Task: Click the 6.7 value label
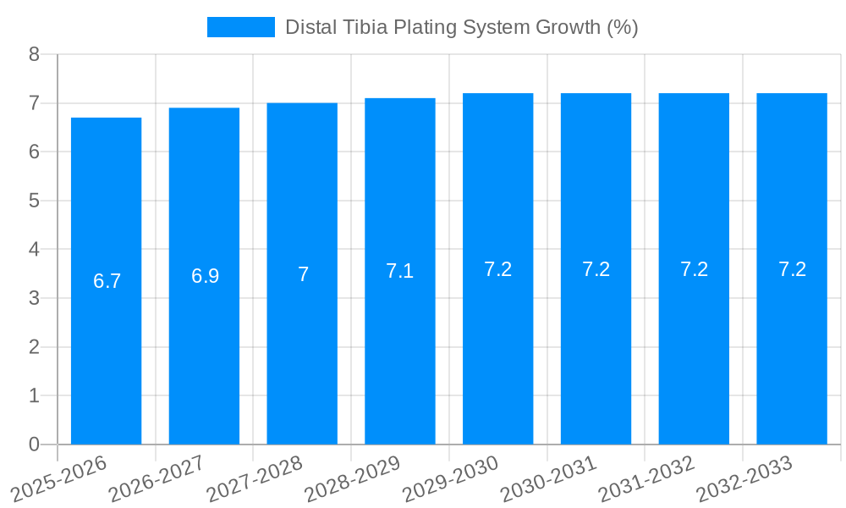107,281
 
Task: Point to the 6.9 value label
205,276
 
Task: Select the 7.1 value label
399,271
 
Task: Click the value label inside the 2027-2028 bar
303,274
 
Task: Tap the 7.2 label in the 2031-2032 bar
694,269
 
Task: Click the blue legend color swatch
241,27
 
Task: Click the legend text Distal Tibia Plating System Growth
461,27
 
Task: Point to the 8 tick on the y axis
34,54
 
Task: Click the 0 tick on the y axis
34,444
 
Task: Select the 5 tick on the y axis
34,201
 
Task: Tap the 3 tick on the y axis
34,298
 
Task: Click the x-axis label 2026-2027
157,479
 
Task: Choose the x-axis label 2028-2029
353,479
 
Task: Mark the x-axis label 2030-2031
549,479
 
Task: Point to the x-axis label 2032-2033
744,479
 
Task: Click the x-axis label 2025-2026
58,479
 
